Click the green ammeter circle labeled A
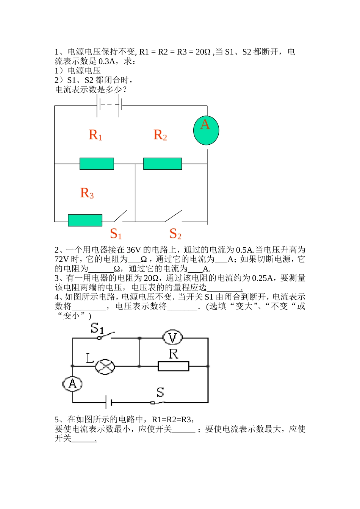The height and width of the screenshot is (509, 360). coord(206,130)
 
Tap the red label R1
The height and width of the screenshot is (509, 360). coord(95,135)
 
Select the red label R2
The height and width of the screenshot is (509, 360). coord(160,135)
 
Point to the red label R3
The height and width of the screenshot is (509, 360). coord(86,193)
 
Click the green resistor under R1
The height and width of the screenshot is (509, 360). coord(97,164)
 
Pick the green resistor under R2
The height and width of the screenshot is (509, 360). coord(163,164)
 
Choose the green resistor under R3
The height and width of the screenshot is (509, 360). coord(85,220)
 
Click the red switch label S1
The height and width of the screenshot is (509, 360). coord(116,234)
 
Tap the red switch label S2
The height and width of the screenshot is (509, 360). coord(175,234)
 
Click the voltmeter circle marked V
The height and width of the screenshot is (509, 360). coord(172,337)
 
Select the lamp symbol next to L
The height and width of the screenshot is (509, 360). coord(105,366)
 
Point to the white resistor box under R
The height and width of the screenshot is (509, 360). coord(173,366)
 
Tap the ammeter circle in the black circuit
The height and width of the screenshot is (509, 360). coord(72,384)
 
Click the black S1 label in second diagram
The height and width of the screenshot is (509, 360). coord(97,328)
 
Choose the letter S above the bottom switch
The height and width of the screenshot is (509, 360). coord(160,392)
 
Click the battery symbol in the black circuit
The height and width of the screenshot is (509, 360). coord(108,402)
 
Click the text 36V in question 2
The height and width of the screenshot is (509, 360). coord(133,250)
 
